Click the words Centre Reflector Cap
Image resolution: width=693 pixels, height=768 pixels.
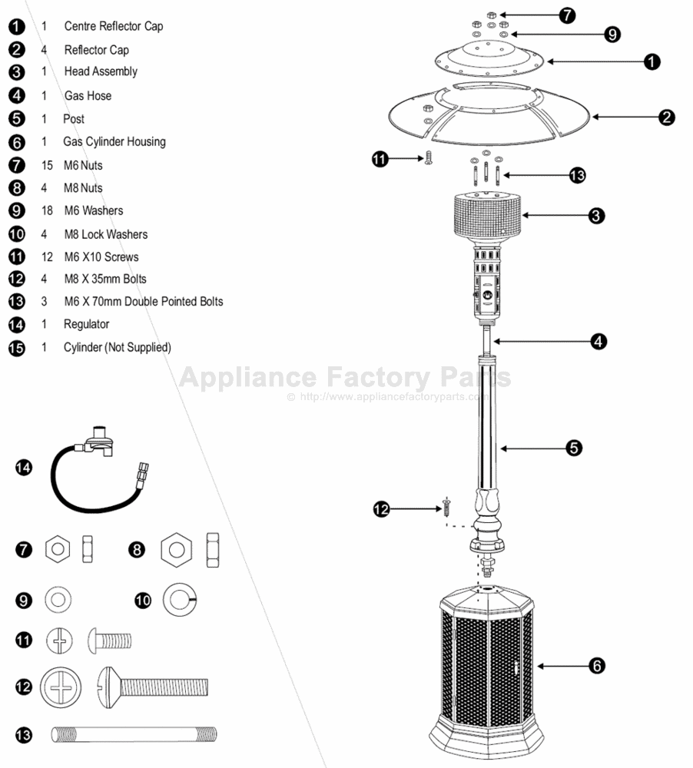click(113, 26)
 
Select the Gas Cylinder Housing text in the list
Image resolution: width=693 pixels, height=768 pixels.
click(114, 141)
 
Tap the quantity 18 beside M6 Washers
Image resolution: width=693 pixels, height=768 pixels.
click(45, 210)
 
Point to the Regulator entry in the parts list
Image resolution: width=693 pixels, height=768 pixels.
click(86, 324)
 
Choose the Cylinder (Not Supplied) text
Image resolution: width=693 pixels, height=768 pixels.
click(117, 347)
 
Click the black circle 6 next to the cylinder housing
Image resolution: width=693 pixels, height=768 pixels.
click(596, 666)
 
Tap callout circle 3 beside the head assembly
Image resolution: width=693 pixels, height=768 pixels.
click(596, 216)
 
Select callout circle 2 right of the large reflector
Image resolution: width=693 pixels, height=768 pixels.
click(666, 118)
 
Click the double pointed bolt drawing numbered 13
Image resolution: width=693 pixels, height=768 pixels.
click(134, 735)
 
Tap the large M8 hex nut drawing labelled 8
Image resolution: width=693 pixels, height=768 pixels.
click(177, 550)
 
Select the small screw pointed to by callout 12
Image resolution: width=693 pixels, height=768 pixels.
click(446, 507)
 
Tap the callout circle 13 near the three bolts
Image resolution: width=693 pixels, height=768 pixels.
click(578, 176)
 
